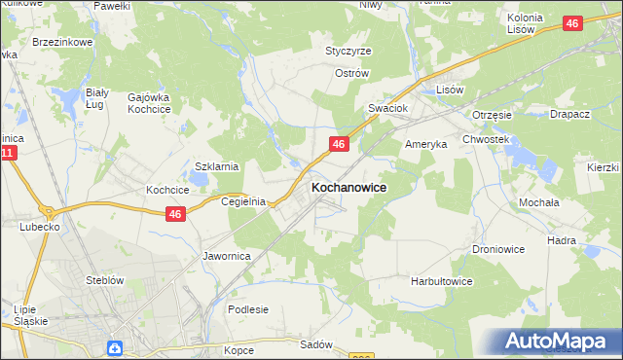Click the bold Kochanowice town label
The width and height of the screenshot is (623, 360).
(348, 186)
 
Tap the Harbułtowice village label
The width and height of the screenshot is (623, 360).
(441, 281)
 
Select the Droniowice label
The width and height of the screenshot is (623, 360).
(498, 249)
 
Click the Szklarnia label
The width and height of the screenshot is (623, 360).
(217, 166)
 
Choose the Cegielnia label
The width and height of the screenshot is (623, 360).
(243, 201)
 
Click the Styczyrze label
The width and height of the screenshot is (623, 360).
(348, 51)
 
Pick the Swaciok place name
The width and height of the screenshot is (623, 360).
(386, 108)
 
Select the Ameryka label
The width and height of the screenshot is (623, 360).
(425, 143)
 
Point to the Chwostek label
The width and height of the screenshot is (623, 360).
(487, 139)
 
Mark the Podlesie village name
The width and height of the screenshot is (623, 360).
(247, 309)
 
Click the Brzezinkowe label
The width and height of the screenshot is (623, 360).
(60, 43)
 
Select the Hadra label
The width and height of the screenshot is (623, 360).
(562, 239)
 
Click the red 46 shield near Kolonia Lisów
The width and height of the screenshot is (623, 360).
(572, 23)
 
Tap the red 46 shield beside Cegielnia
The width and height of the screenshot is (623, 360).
(175, 214)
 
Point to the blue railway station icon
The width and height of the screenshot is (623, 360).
(115, 347)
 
